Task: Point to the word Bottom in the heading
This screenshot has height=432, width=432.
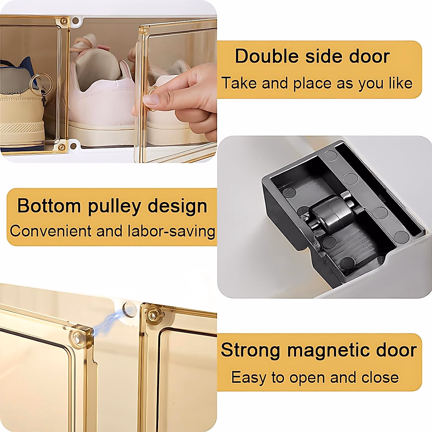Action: [x=49, y=206]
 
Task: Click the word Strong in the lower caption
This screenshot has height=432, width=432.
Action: [x=250, y=350]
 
